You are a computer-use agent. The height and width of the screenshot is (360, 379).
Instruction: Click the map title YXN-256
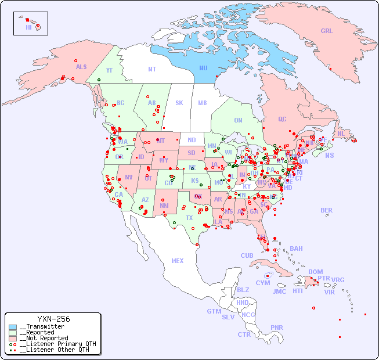click(53, 319)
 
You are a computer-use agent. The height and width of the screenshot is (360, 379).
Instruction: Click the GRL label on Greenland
click(327, 31)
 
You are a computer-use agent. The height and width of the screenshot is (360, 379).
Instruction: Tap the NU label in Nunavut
click(203, 68)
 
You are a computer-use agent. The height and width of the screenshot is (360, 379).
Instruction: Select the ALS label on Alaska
click(81, 67)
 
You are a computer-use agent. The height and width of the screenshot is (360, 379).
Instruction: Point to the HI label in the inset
click(28, 27)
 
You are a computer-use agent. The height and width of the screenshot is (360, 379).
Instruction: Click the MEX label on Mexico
click(177, 261)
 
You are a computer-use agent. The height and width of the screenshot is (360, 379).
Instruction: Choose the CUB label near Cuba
click(247, 255)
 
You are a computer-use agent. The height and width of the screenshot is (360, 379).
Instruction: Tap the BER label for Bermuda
click(326, 210)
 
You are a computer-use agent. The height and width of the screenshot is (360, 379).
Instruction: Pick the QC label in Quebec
click(282, 119)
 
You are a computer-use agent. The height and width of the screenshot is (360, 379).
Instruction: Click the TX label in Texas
click(189, 218)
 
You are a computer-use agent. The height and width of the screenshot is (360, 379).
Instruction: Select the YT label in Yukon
click(109, 70)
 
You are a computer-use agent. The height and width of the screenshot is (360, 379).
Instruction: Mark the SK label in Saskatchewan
click(179, 103)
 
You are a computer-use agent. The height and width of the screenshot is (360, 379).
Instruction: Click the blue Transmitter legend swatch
click(13, 327)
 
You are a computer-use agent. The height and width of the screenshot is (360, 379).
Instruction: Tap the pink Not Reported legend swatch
click(13, 338)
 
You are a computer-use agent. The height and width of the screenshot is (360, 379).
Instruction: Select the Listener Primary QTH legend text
click(57, 344)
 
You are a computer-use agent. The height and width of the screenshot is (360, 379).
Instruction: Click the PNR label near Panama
click(277, 327)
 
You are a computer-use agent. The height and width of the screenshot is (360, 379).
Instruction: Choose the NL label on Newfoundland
click(341, 134)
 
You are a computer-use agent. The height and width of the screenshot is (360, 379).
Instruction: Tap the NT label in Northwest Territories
click(151, 69)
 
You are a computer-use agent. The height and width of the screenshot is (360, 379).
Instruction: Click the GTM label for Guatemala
click(214, 311)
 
